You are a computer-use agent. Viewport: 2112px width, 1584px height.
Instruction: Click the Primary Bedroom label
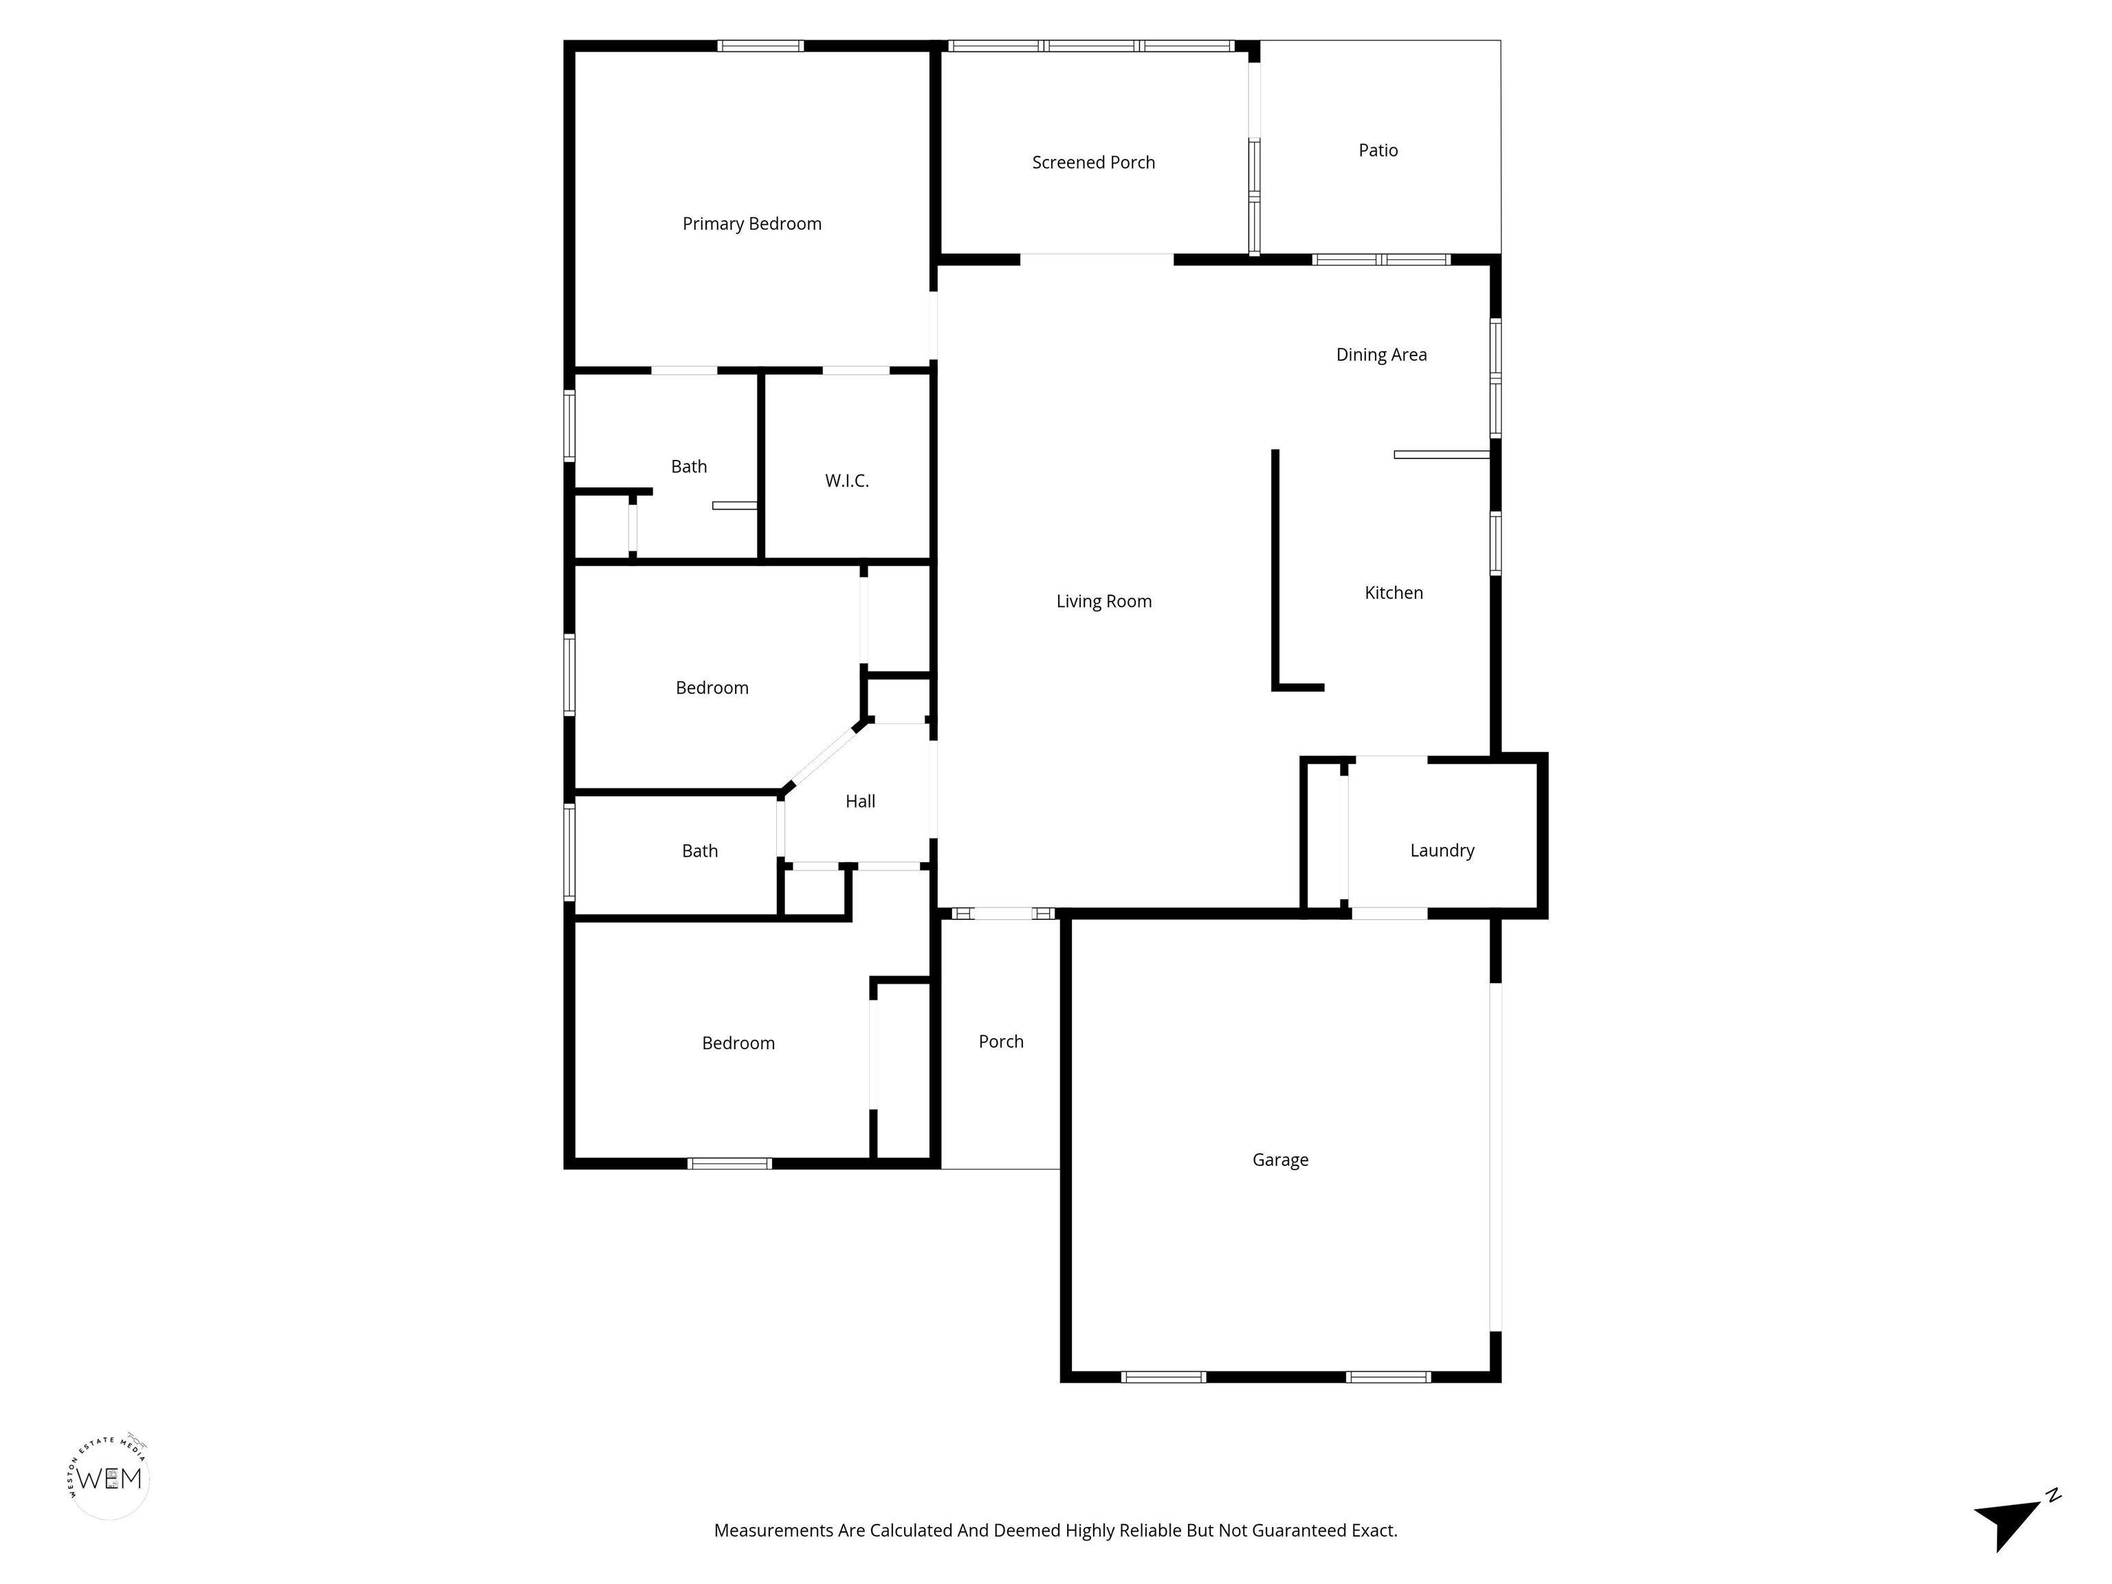751,224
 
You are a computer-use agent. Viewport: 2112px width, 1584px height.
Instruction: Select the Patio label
1378,150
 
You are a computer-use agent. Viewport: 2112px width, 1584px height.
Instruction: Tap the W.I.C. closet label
847,481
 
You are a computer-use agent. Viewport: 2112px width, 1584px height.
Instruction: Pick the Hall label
859,801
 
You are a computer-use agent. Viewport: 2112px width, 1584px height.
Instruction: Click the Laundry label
1442,850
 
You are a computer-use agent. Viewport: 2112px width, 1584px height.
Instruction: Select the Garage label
1279,1160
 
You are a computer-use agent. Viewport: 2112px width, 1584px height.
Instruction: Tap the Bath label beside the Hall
699,850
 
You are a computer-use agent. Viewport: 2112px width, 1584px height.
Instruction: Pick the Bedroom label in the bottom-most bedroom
738,1044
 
